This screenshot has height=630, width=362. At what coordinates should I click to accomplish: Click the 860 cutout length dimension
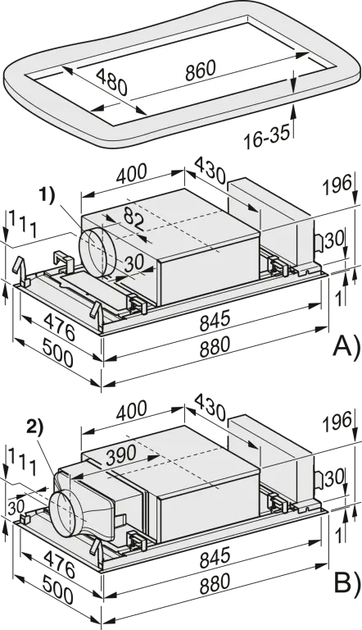pos(201,71)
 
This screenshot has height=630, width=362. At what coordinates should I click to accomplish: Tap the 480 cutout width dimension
pos(112,81)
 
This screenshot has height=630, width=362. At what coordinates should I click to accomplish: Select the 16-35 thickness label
pos(266,138)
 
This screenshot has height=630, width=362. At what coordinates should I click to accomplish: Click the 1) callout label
pos(47,196)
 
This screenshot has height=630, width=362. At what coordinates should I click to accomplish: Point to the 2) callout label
pos(34,429)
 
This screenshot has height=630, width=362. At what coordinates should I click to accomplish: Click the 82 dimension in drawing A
pos(133,218)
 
